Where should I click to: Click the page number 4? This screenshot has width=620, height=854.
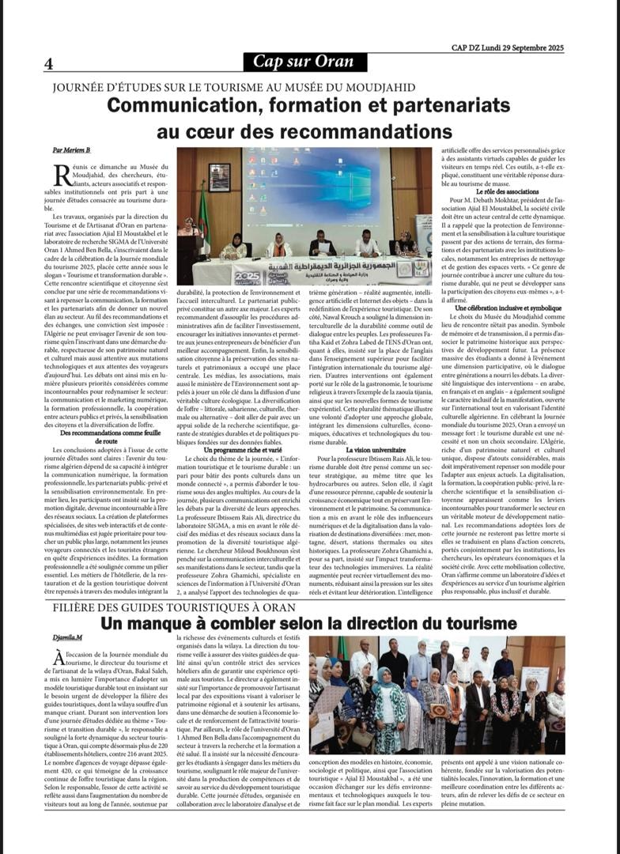(49, 63)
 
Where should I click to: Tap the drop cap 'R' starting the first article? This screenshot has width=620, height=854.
(59, 173)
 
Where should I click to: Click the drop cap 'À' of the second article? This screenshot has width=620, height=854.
(59, 659)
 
